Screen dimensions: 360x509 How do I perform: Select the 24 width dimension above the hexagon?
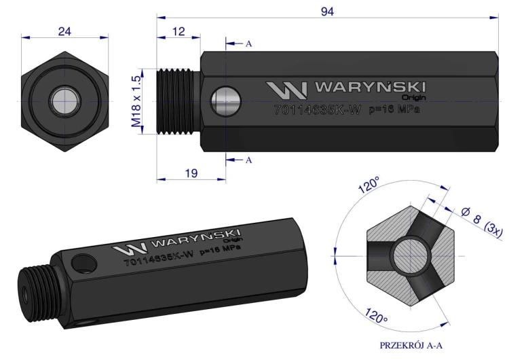[x=65, y=30]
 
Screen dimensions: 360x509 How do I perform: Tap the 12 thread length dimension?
[x=178, y=32]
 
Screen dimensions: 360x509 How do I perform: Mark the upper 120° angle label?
[x=370, y=185]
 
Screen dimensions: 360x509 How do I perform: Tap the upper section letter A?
[x=249, y=43]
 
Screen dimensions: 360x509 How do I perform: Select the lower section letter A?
[x=249, y=160]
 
